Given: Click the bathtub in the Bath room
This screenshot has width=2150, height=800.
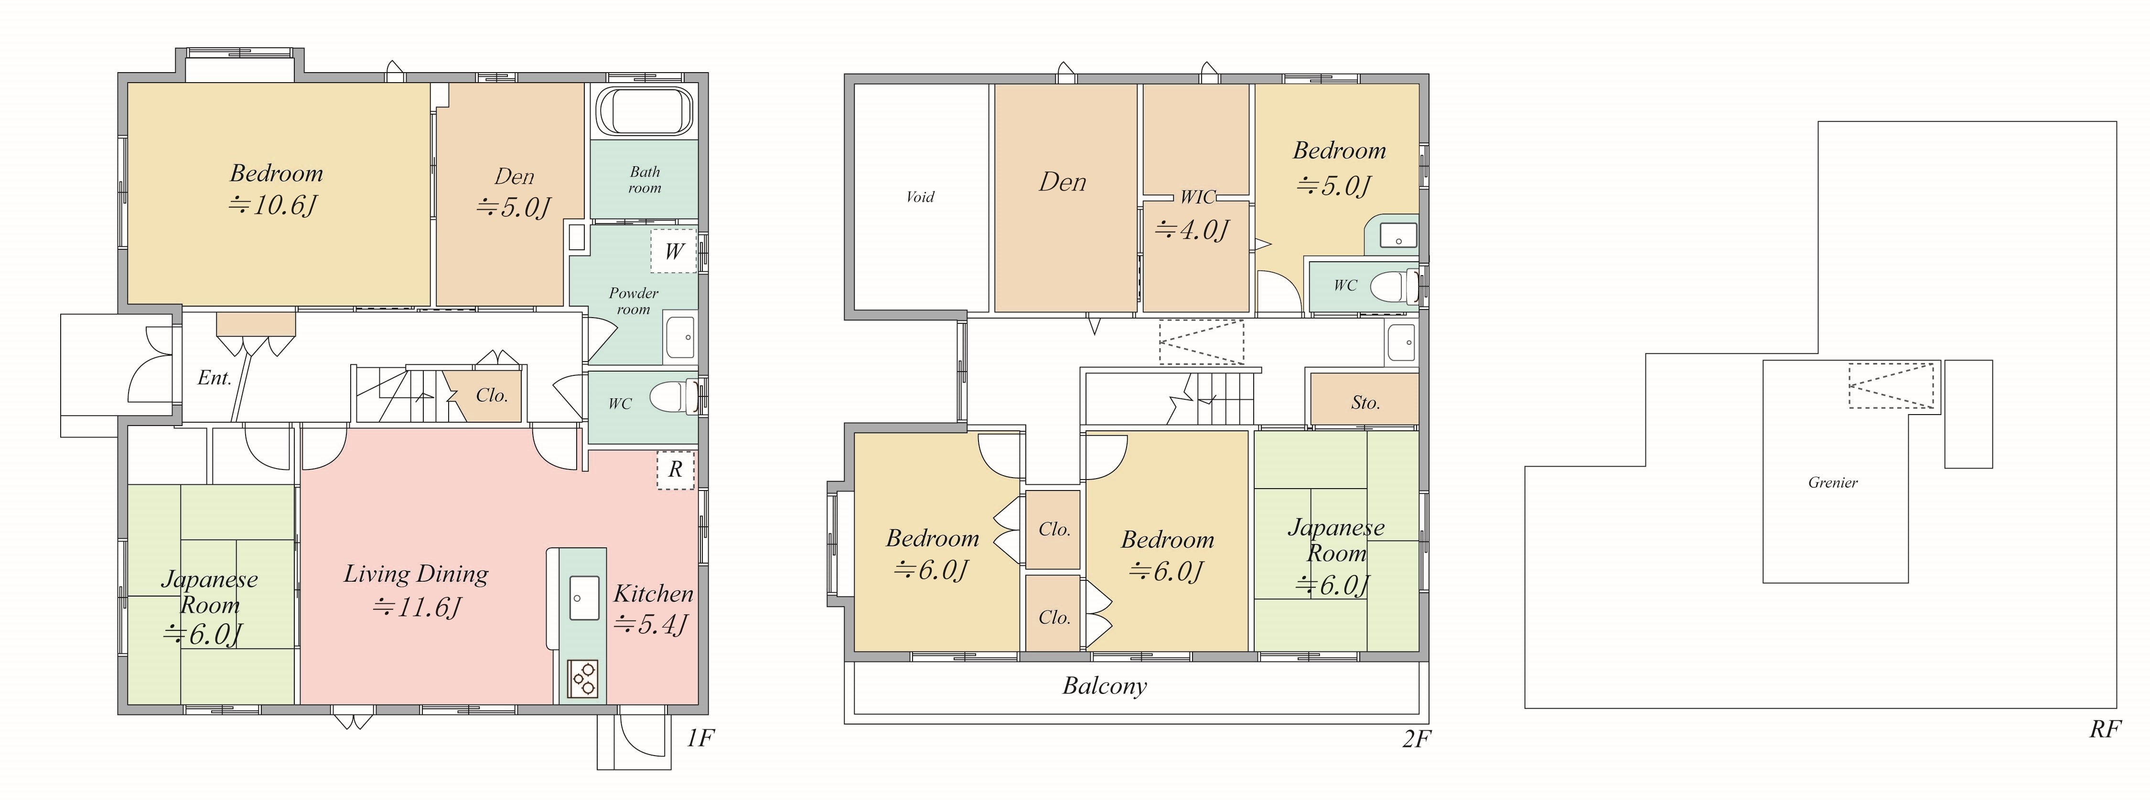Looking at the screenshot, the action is [645, 111].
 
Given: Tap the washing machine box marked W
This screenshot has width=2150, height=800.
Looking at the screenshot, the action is [674, 250].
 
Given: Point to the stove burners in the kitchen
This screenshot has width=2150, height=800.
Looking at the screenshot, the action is [583, 677].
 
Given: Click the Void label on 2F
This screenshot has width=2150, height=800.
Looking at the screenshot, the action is [920, 197].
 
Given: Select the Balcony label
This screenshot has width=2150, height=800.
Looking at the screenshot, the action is [1104, 686].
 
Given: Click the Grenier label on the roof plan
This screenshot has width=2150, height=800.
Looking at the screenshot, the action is [1833, 482].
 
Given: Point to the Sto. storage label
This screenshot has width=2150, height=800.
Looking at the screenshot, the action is [1365, 403].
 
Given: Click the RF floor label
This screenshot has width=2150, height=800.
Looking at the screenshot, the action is [2105, 729].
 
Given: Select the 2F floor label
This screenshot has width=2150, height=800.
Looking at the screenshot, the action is [1416, 739].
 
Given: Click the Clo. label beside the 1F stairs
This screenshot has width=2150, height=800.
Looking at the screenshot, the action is [492, 395].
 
